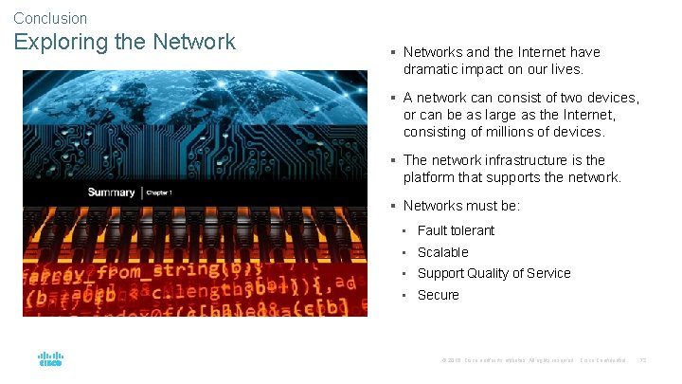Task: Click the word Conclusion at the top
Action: (x=50, y=18)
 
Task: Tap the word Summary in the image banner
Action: (x=112, y=192)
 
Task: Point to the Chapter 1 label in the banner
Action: (x=158, y=193)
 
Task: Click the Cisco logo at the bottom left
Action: (x=50, y=359)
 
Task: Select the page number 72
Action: (x=644, y=360)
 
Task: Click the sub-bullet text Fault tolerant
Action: (x=456, y=230)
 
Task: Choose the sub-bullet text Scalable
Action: (x=442, y=252)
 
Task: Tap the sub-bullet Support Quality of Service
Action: (x=494, y=273)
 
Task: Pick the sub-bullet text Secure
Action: (x=438, y=295)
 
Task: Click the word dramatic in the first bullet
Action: (x=431, y=69)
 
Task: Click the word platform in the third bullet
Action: (x=430, y=177)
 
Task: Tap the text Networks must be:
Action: (x=461, y=206)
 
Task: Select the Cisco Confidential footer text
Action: (x=602, y=360)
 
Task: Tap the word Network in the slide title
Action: (x=192, y=43)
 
